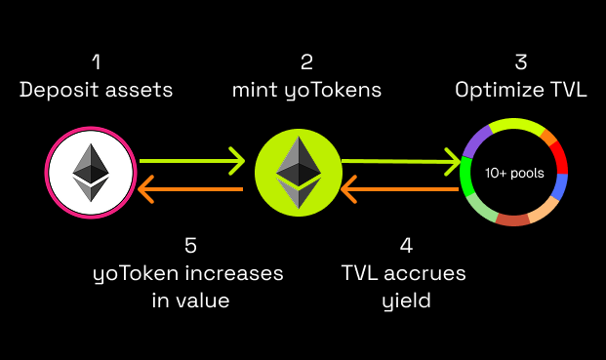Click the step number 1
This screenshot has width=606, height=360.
click(96, 62)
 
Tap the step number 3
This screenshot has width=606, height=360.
click(520, 62)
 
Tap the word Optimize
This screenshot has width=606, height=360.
click(497, 90)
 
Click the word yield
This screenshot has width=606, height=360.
click(405, 300)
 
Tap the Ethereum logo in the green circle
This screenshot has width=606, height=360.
click(299, 173)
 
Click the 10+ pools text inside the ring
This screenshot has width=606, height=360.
click(513, 172)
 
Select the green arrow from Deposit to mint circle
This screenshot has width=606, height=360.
click(191, 158)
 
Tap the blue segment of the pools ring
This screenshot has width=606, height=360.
click(560, 186)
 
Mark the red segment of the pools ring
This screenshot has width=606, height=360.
click(558, 155)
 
